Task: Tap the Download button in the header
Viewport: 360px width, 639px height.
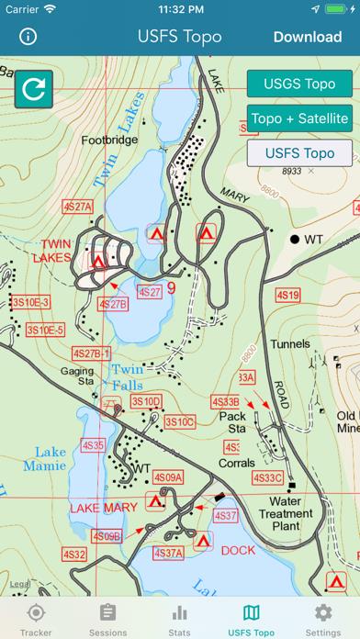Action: pos(307,38)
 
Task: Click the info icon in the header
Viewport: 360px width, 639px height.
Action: pos(28,38)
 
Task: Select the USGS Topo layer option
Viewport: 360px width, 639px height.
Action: pos(300,84)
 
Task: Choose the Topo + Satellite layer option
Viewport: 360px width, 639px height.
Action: pos(300,118)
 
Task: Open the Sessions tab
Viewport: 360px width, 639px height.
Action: pos(107,618)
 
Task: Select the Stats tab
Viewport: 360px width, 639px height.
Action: pos(180,618)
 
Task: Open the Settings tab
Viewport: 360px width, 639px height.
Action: pos(323,618)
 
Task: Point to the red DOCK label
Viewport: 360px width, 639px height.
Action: pos(238,550)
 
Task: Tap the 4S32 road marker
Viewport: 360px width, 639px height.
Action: pos(74,555)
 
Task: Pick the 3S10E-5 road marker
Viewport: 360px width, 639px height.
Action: pos(45,330)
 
